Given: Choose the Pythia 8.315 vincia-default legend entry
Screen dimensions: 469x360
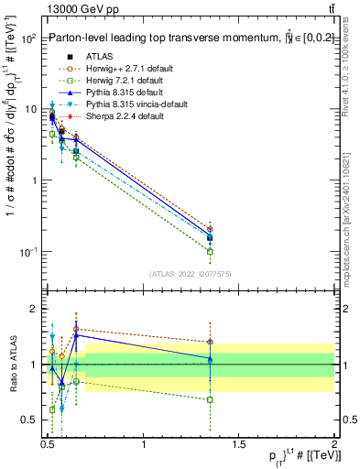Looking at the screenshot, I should point(124,104).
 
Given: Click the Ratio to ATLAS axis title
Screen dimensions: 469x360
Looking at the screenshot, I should point(12,365).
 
